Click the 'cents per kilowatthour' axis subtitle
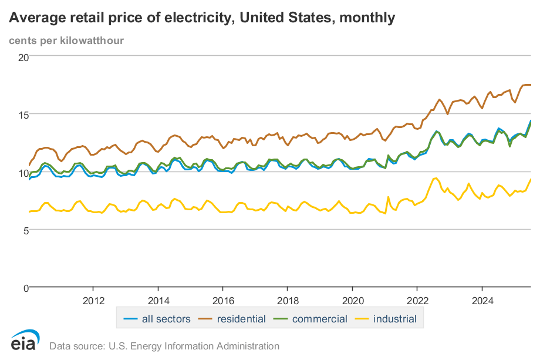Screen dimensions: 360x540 coord(66,41)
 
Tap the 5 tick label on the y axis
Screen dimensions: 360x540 coord(26,230)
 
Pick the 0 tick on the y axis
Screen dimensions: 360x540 coord(26,288)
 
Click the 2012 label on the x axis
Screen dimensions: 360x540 coord(93,301)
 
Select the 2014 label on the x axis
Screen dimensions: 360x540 coord(158,301)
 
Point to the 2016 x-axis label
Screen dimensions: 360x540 coord(222,301)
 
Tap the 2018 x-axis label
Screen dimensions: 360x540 coord(287,301)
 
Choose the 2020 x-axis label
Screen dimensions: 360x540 coord(352,301)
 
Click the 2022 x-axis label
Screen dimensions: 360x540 coord(417,301)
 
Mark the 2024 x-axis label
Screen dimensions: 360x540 coord(482,301)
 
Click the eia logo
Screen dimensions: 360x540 coord(25,341)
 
